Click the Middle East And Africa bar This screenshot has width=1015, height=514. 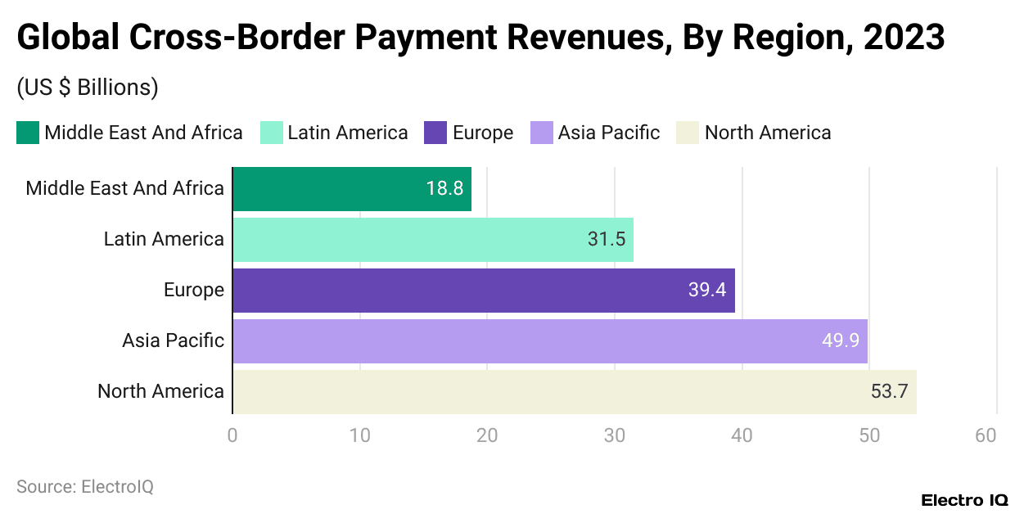click(x=352, y=189)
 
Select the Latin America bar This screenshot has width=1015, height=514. click(x=433, y=240)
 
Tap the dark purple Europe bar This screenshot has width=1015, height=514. click(x=483, y=291)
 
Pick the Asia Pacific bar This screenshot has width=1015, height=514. click(x=549, y=341)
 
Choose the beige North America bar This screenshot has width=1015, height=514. click(x=574, y=392)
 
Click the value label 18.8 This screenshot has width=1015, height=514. click(x=444, y=189)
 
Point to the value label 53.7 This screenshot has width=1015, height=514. click(x=889, y=392)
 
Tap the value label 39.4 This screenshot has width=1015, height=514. click(x=707, y=291)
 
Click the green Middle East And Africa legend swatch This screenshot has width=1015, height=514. click(x=28, y=133)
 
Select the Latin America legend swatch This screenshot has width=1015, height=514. click(x=271, y=133)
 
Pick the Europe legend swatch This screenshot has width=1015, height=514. click(x=435, y=133)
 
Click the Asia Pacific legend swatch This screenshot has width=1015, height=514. click(x=542, y=133)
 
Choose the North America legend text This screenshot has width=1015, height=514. click(x=767, y=133)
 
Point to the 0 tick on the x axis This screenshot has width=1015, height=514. click(x=232, y=435)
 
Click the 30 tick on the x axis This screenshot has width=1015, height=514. click(x=615, y=435)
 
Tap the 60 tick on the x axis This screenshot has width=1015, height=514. click(x=986, y=435)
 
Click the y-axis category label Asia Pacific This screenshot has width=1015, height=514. click(x=173, y=341)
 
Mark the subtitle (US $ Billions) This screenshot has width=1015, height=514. click(x=88, y=88)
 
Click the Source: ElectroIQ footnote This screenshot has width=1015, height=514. click(x=85, y=487)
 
